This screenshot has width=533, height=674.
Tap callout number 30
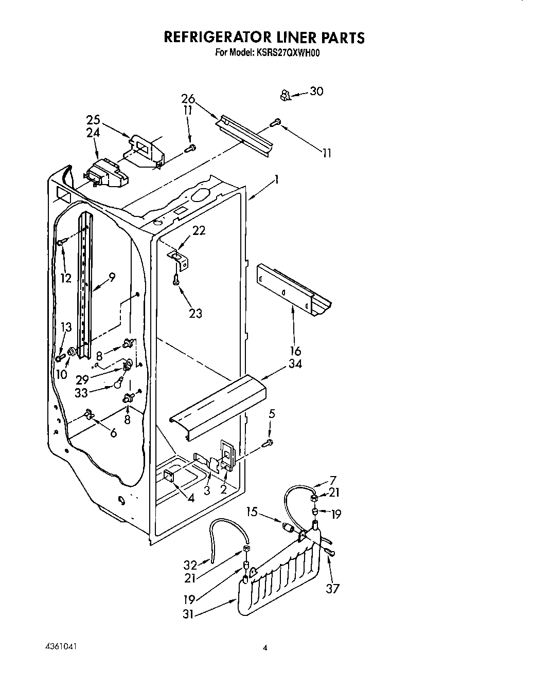(x=316, y=92)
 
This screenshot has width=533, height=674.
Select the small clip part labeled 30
(x=285, y=95)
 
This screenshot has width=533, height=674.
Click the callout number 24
(x=93, y=133)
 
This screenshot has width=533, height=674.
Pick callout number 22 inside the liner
(x=199, y=231)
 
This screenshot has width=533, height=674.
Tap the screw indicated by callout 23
(x=176, y=279)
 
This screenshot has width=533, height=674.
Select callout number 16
(x=295, y=352)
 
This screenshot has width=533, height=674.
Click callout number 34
(x=295, y=364)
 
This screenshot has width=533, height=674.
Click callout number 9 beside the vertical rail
(x=112, y=277)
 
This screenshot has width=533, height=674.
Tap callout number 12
(x=65, y=278)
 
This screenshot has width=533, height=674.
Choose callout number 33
(x=81, y=394)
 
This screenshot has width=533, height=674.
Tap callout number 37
(x=333, y=588)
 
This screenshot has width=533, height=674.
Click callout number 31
(x=188, y=614)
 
